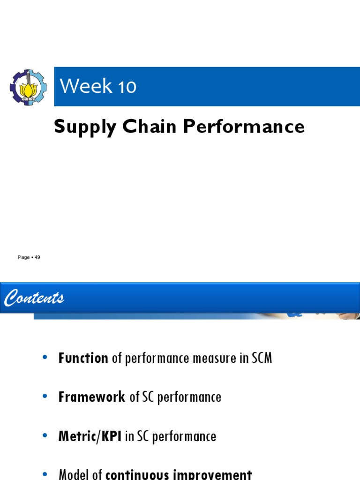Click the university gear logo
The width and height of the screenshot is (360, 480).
[28, 87]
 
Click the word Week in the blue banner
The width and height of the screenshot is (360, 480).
[80, 86]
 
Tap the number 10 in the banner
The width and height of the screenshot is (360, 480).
[126, 87]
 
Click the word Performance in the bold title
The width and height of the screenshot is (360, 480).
[244, 127]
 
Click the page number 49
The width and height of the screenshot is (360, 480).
[37, 257]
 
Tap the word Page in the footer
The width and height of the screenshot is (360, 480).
[23, 257]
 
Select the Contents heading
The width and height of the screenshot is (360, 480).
[34, 298]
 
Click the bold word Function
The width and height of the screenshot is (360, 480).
[83, 359]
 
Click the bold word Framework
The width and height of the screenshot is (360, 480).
[92, 397]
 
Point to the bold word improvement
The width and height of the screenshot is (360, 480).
[216, 474]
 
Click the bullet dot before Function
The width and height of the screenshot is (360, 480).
[45, 358]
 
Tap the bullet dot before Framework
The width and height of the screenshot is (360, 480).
[45, 397]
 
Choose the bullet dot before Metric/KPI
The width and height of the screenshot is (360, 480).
[45, 436]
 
